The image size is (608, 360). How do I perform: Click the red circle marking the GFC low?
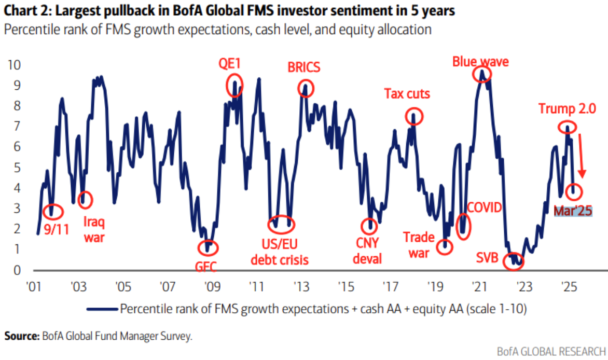point(209,247)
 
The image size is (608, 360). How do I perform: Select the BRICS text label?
point(304,67)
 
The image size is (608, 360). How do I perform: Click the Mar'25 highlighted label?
point(573,211)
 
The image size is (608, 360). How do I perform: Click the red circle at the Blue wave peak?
point(482,74)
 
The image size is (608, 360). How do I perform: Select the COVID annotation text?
point(485,208)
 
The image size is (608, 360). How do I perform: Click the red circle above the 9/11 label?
point(53,211)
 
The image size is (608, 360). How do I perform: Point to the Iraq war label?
point(94,229)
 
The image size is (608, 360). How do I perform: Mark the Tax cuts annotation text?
point(407,94)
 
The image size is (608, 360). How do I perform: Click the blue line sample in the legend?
point(103,309)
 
